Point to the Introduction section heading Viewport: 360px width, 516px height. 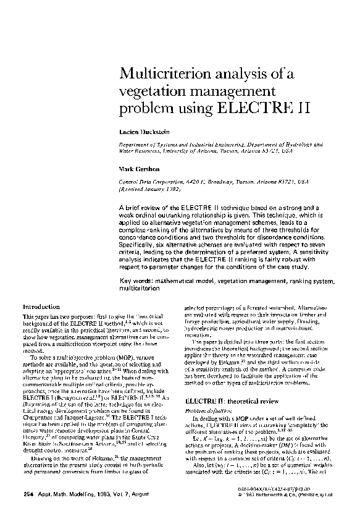pyautogui.click(x=41, y=307)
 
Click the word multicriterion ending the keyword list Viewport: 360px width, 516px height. pyautogui.click(x=141, y=289)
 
